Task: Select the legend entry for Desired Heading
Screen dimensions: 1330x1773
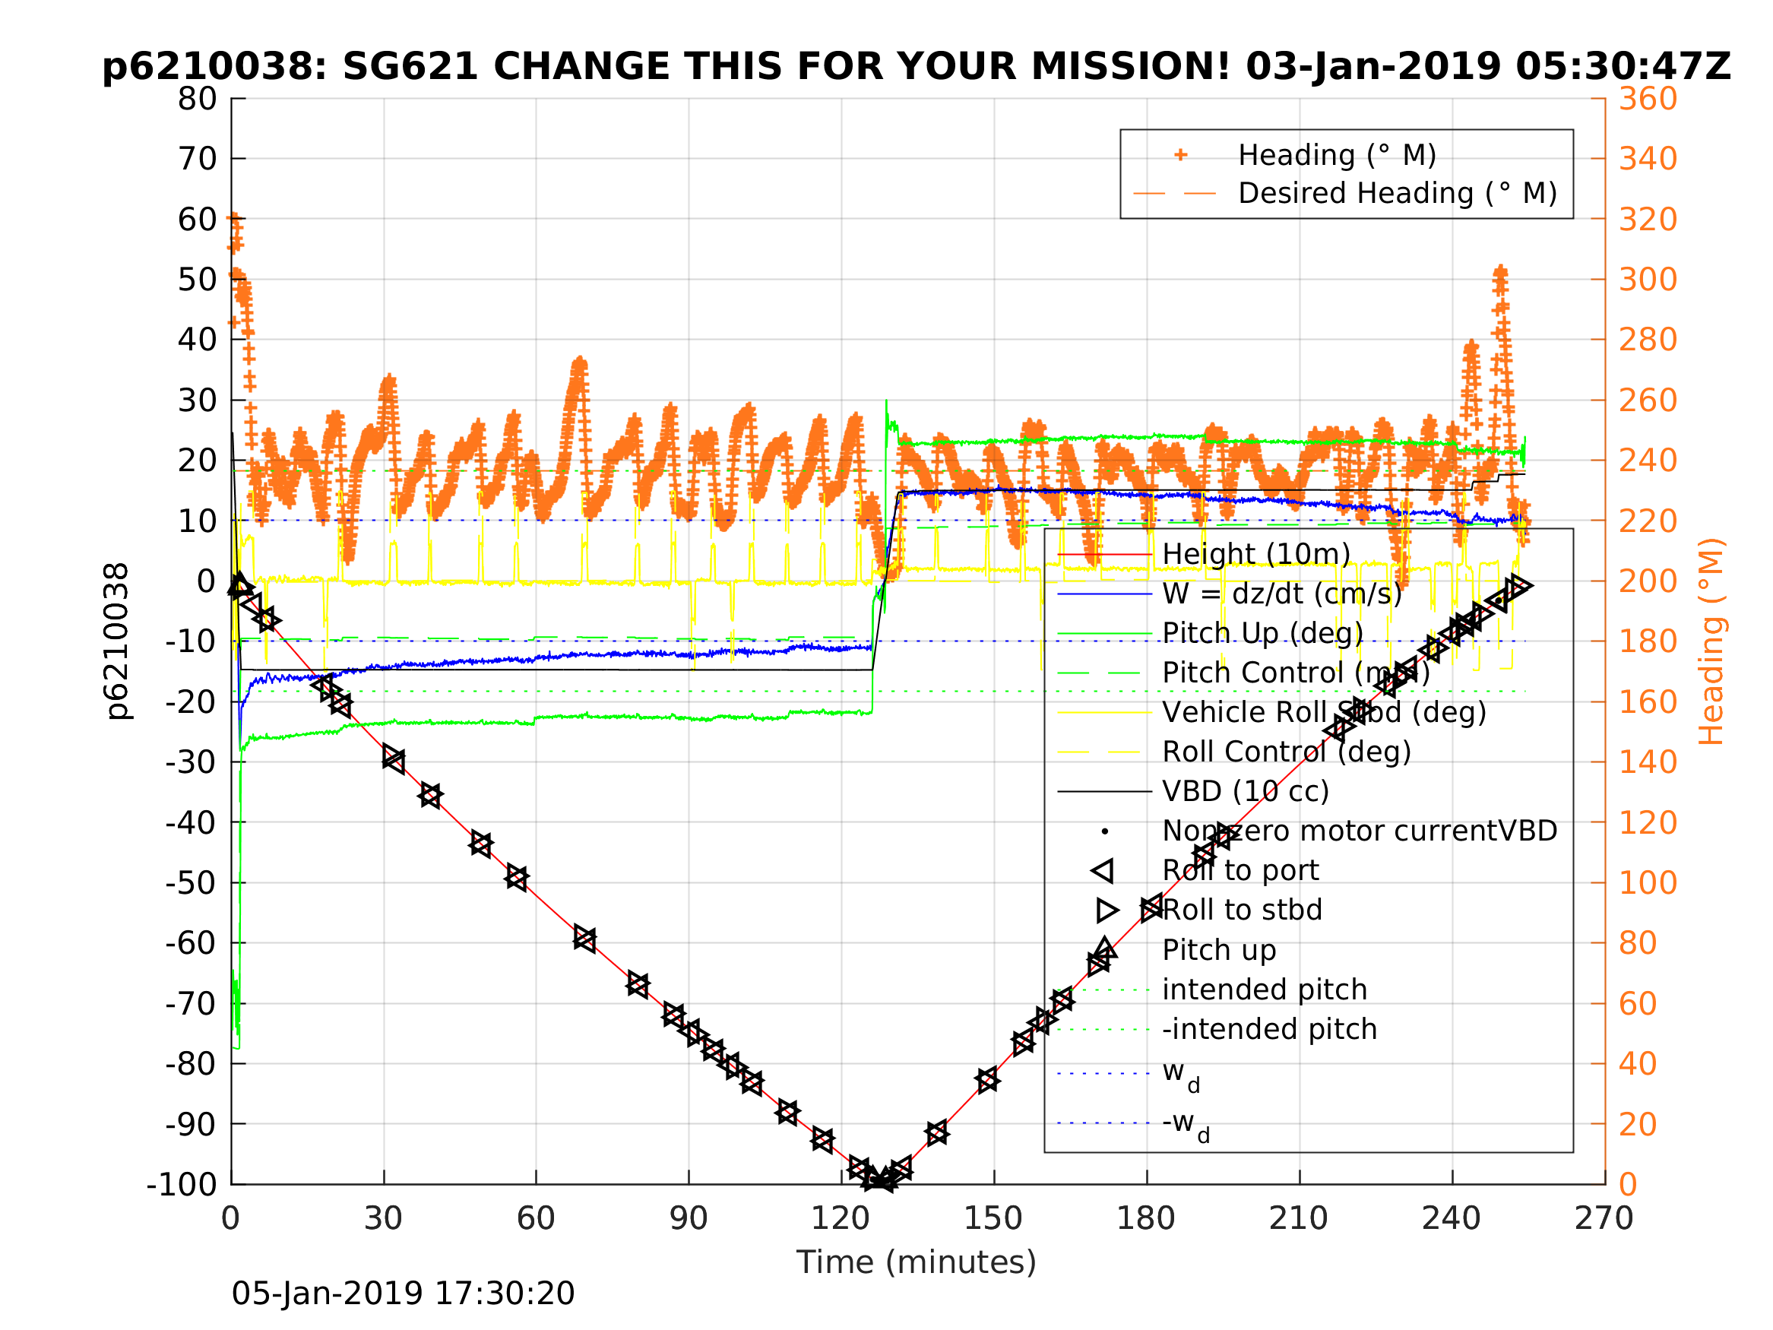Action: pyautogui.click(x=1397, y=193)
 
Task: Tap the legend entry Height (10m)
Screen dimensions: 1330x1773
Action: pyautogui.click(x=1256, y=554)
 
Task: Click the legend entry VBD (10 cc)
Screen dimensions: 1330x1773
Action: pyautogui.click(x=1246, y=791)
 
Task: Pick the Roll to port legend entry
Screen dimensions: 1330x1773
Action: pyautogui.click(x=1240, y=870)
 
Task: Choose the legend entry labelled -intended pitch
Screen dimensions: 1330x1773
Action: pyautogui.click(x=1269, y=1028)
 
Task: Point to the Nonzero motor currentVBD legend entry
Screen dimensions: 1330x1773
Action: pyautogui.click(x=1360, y=831)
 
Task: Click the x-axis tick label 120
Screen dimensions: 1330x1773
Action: pyautogui.click(x=840, y=1218)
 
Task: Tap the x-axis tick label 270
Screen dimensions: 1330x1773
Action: pyautogui.click(x=1604, y=1218)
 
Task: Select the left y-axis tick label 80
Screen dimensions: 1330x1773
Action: pyautogui.click(x=197, y=100)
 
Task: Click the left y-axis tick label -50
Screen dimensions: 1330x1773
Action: pyautogui.click(x=191, y=882)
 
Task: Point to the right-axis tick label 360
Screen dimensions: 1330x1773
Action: pyautogui.click(x=1648, y=100)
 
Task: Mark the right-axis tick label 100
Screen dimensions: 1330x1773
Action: pyautogui.click(x=1648, y=882)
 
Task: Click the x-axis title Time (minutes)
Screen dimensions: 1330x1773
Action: pyautogui.click(x=917, y=1262)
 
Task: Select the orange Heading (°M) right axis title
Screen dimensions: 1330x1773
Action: pyautogui.click(x=1711, y=641)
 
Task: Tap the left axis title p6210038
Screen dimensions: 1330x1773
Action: pyautogui.click(x=117, y=641)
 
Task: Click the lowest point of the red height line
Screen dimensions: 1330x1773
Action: pyautogui.click(x=879, y=1180)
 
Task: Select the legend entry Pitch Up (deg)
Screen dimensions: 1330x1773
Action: pyautogui.click(x=1262, y=633)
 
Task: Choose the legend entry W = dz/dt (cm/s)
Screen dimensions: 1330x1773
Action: pyautogui.click(x=1281, y=594)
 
